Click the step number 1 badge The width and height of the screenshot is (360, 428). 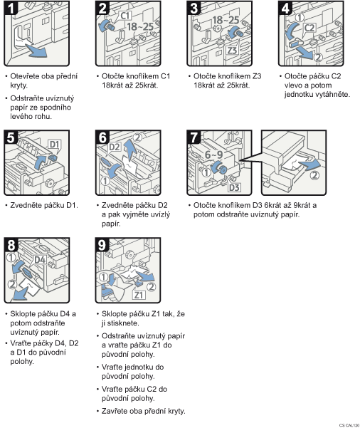(11, 8)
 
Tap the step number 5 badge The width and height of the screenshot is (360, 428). (11, 137)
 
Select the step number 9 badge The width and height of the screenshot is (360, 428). (102, 245)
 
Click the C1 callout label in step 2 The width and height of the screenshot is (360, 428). (125, 16)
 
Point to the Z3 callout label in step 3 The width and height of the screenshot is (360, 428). (232, 51)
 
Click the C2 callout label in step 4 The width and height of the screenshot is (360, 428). (309, 28)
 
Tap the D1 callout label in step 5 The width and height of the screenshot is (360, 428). (55, 144)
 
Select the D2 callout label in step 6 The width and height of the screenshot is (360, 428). (115, 147)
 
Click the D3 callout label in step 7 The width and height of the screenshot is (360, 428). (234, 187)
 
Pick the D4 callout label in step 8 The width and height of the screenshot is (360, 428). (40, 260)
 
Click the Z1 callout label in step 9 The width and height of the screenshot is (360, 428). (139, 295)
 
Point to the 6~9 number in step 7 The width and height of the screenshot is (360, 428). (214, 155)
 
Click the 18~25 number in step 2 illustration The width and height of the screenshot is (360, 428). (140, 26)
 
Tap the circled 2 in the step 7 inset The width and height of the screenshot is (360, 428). (314, 175)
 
